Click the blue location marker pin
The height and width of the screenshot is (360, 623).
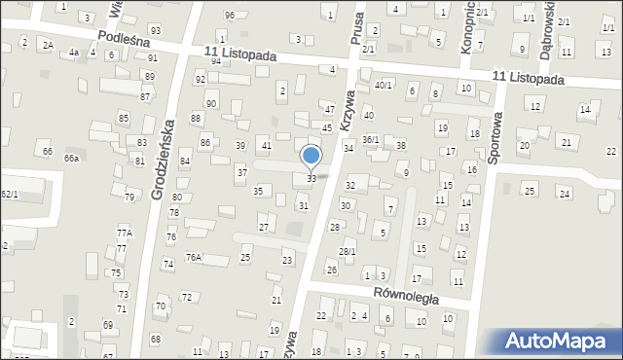311,156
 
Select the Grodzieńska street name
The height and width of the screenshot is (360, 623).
163,160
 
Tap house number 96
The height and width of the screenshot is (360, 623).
230,15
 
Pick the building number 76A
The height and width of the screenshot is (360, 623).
194,258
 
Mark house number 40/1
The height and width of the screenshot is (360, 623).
384,86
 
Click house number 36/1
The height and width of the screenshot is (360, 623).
371,139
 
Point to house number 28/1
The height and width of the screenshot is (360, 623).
348,252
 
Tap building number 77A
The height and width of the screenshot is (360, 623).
124,233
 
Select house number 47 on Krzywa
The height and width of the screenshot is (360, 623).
330,109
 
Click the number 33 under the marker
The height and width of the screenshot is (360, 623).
311,179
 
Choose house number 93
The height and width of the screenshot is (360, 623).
155,31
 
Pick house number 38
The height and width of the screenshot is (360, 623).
400,145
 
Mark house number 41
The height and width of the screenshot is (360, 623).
267,145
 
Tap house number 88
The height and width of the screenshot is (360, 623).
196,118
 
